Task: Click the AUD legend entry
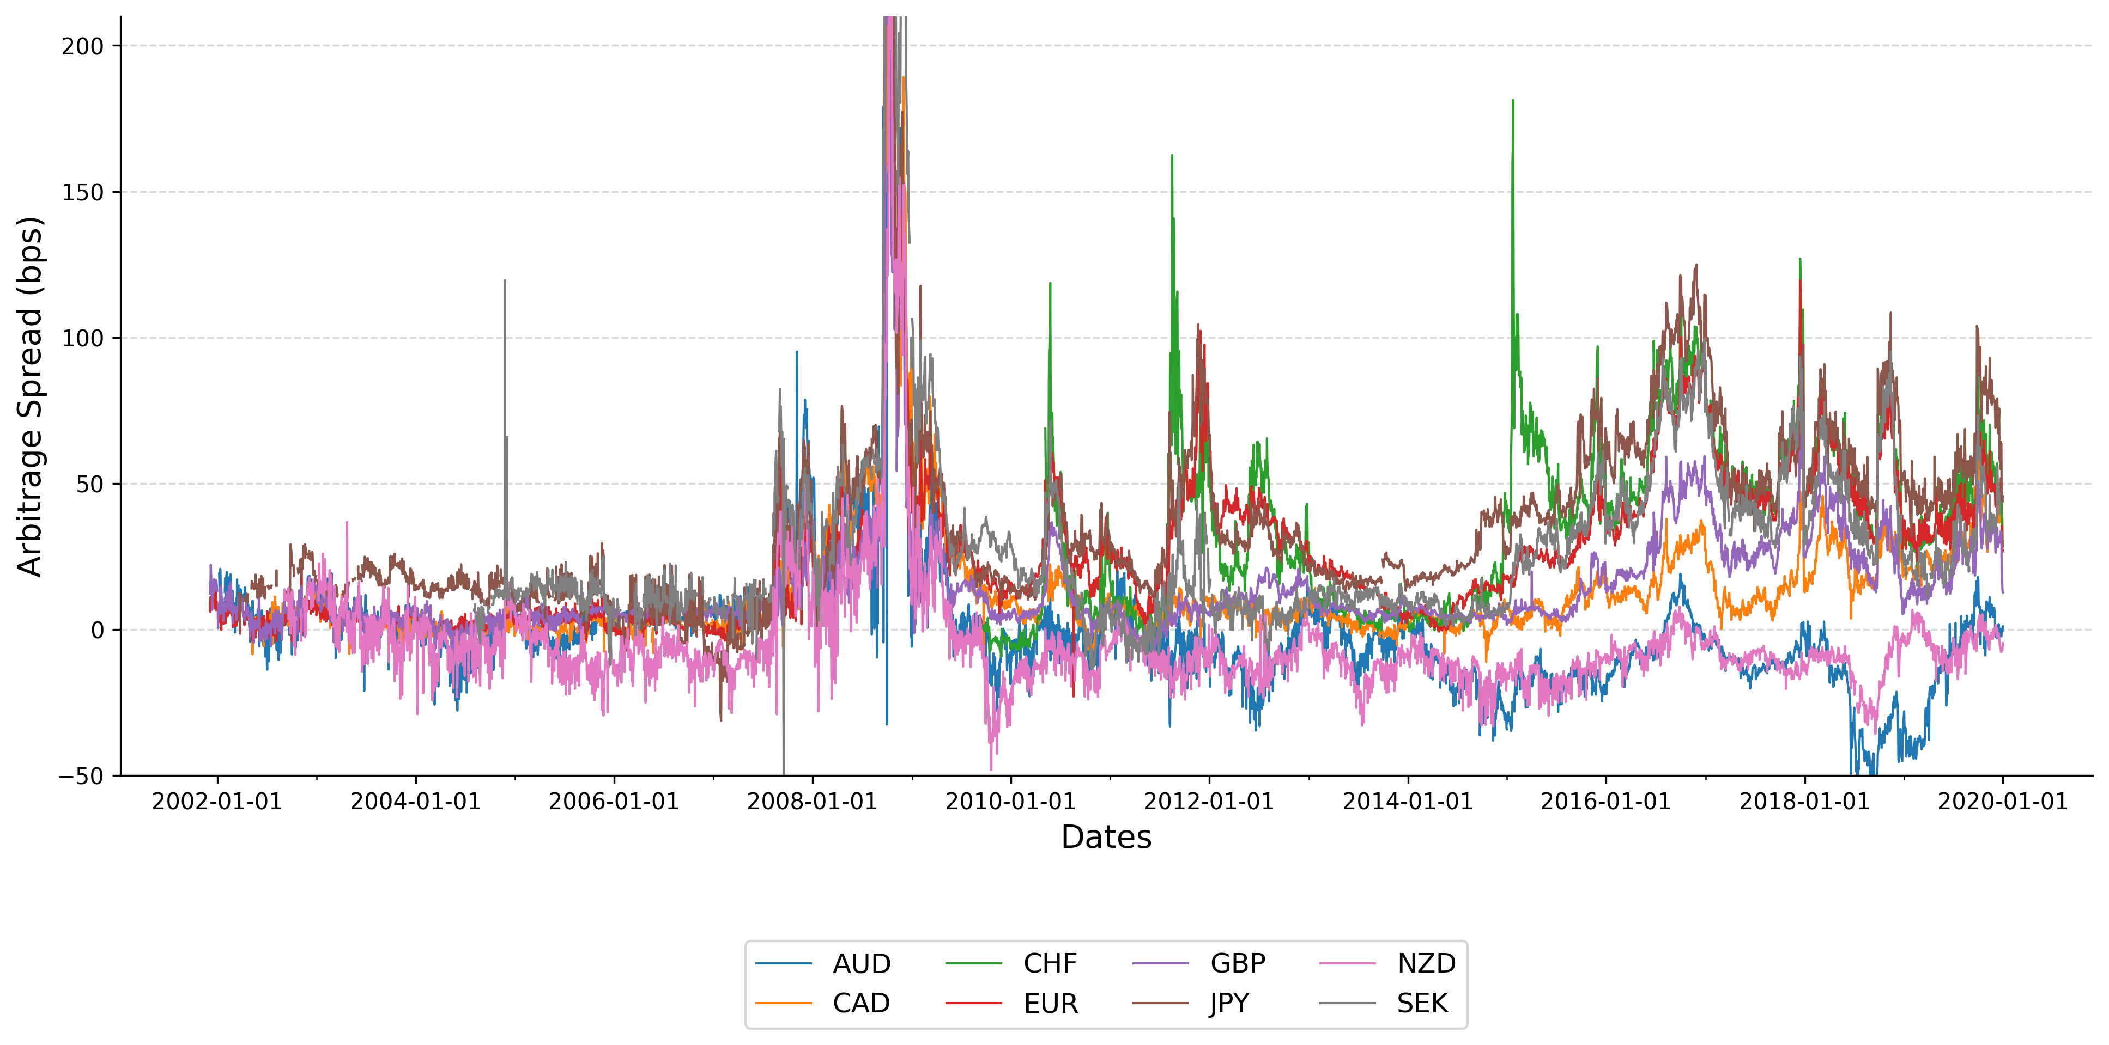point(860,964)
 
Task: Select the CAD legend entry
point(860,1003)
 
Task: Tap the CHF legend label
point(1050,964)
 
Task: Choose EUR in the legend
point(1050,1003)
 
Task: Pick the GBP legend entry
point(1237,964)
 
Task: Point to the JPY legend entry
point(1229,1003)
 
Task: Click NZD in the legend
point(1426,964)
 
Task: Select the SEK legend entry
point(1422,1003)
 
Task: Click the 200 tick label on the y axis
point(83,47)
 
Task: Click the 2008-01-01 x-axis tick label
point(812,802)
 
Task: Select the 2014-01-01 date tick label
point(1408,802)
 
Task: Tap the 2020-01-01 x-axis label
point(2003,802)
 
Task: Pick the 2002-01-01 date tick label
point(217,802)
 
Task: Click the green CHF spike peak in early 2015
point(1513,101)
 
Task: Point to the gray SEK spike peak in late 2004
point(504,282)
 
